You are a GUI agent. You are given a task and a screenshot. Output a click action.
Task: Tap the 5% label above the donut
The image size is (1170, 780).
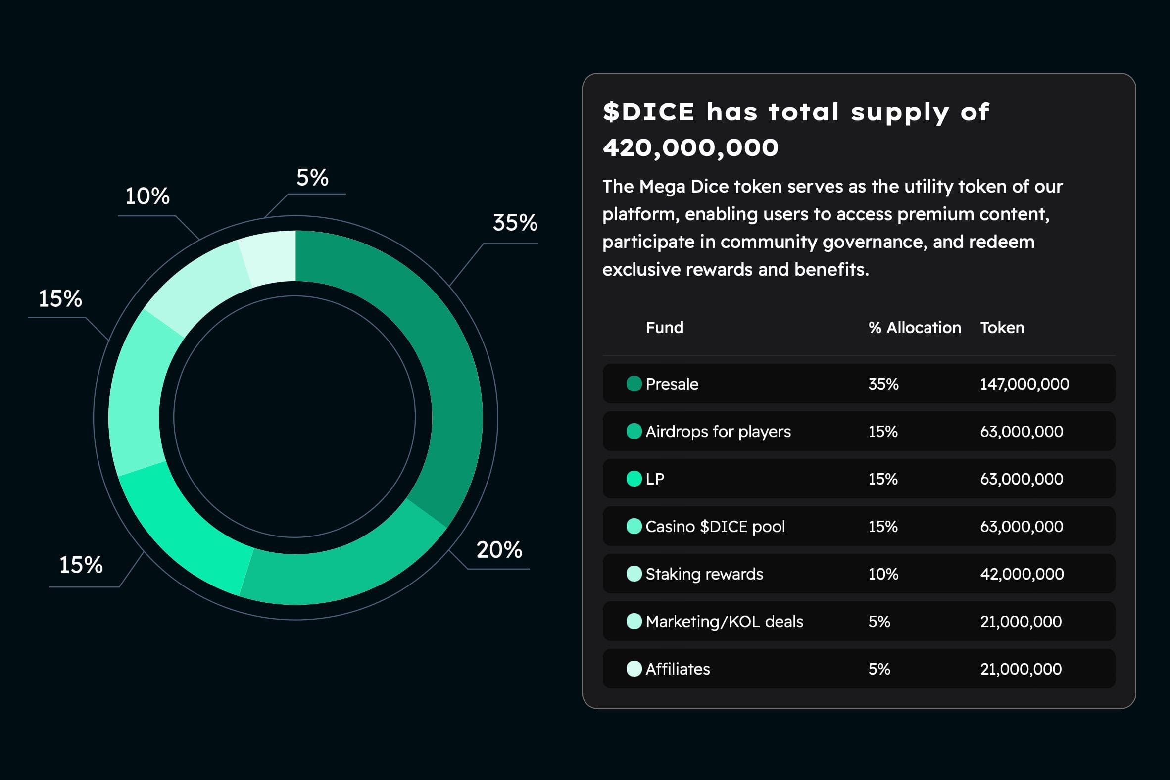click(312, 178)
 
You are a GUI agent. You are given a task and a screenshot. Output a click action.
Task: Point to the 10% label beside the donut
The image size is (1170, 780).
click(147, 196)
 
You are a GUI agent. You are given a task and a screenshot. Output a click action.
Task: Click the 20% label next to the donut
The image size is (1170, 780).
click(499, 550)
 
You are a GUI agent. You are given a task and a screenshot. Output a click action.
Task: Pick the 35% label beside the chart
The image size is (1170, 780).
click(515, 222)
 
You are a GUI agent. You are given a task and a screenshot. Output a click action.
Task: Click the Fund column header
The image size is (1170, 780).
click(664, 327)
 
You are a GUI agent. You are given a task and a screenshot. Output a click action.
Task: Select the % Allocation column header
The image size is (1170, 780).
click(914, 327)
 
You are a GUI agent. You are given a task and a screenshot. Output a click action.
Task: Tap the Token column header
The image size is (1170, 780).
click(1002, 327)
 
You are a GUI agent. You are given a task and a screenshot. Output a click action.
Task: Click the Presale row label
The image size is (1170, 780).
click(672, 384)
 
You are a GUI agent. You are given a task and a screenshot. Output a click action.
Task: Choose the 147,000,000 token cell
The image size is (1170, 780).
click(1024, 384)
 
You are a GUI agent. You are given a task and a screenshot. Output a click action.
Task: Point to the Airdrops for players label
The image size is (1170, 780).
click(718, 431)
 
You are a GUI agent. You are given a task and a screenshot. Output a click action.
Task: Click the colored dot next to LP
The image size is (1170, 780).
click(634, 479)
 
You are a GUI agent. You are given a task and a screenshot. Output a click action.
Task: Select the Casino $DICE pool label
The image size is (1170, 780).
click(715, 526)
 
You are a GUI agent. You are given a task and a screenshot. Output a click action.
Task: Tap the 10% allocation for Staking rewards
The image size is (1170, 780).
click(883, 574)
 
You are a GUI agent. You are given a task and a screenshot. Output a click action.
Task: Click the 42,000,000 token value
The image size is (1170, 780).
click(1022, 574)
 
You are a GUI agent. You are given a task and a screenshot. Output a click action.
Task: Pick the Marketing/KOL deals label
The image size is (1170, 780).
click(724, 621)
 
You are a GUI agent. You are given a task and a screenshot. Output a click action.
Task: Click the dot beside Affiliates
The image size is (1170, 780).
click(634, 669)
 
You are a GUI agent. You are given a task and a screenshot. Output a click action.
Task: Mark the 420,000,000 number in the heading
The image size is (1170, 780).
click(690, 148)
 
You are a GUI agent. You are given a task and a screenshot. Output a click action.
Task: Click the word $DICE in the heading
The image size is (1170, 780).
click(648, 112)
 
